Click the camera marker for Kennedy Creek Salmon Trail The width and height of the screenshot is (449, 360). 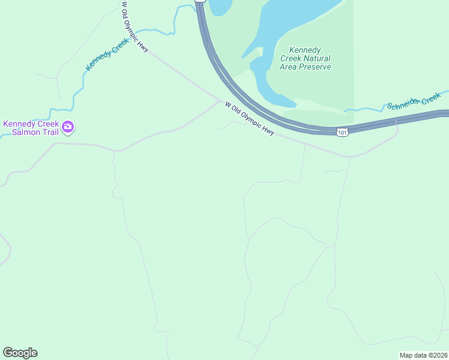(68, 126)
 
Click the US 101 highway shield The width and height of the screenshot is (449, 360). (342, 132)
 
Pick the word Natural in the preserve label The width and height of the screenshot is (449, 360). (316, 59)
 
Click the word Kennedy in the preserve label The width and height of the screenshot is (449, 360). (306, 50)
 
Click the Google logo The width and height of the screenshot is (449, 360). (20, 353)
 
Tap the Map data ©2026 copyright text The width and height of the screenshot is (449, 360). (423, 355)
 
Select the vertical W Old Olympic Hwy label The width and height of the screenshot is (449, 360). (135, 27)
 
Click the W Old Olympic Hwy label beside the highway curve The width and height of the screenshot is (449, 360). (250, 118)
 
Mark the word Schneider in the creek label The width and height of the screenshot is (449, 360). (404, 104)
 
